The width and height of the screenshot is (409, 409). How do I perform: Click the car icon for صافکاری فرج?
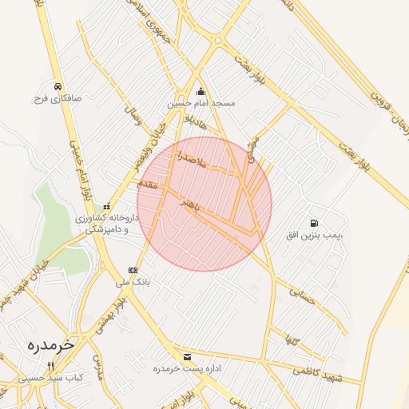(58, 86)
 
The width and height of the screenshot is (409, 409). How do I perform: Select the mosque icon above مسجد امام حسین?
(200, 91)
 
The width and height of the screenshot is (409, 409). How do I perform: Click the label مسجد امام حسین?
(201, 104)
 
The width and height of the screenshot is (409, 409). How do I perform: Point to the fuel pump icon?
(313, 223)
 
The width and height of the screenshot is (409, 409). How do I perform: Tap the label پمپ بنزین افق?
(314, 235)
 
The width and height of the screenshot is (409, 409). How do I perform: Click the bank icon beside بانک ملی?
(133, 271)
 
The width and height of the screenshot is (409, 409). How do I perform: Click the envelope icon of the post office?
(187, 356)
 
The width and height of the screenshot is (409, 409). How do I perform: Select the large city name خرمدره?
(50, 345)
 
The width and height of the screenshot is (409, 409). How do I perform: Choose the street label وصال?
(132, 118)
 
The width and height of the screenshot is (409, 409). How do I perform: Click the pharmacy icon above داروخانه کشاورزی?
(107, 207)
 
